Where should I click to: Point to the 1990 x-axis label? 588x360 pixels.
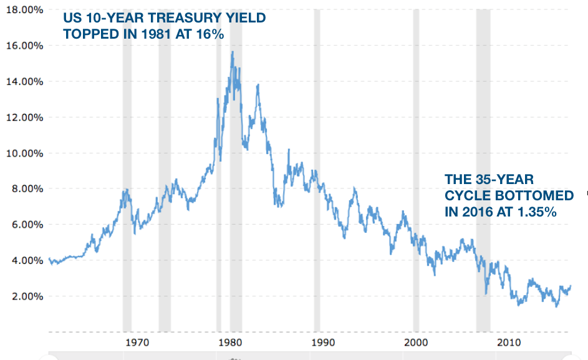323,343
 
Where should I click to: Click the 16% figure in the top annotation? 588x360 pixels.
210,34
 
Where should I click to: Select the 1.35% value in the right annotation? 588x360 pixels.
534,212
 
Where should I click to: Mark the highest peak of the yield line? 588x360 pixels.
233,52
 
